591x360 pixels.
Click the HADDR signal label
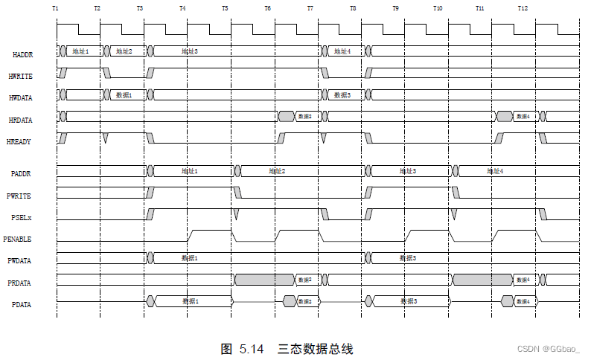[x=22, y=55]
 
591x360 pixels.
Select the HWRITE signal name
[x=21, y=76]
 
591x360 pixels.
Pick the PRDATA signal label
[x=21, y=283]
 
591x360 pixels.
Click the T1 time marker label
[x=56, y=7]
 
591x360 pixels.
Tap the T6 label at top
[x=268, y=7]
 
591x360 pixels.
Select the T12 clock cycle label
[x=523, y=7]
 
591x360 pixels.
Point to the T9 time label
[x=395, y=7]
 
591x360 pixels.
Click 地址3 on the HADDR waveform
[x=190, y=51]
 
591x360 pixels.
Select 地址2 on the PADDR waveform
[x=277, y=171]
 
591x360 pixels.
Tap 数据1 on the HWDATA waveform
[x=124, y=95]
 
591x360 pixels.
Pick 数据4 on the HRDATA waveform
[x=523, y=117]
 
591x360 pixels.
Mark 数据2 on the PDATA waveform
[x=306, y=301]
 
